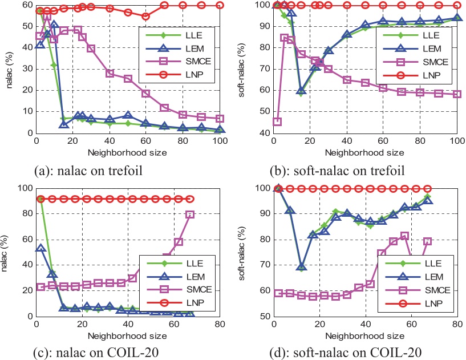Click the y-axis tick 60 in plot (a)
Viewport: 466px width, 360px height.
[x=26, y=5]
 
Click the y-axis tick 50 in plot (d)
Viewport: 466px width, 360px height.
[x=264, y=316]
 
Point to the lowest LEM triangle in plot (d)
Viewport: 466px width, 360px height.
[x=302, y=267]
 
